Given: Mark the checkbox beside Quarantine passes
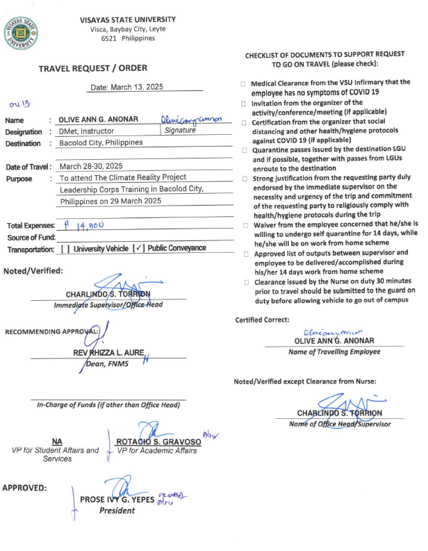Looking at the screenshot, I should (x=243, y=151).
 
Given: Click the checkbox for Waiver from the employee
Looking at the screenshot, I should (x=243, y=227).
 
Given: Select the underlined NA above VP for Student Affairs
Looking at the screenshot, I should (x=57, y=441).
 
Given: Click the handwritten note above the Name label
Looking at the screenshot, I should (x=19, y=104).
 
